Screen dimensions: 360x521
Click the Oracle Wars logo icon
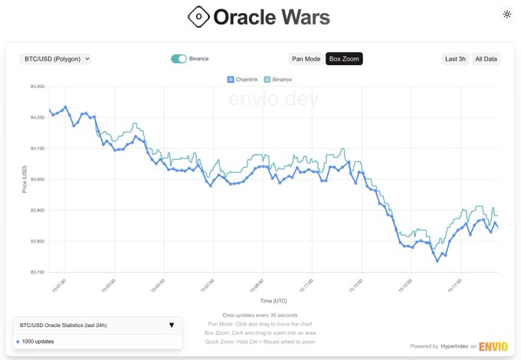(198, 16)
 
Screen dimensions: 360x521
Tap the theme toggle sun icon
(506, 14)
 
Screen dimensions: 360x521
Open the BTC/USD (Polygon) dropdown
(56, 58)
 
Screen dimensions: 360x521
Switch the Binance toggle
(179, 58)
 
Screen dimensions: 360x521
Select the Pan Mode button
(306, 59)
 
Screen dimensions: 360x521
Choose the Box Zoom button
(344, 59)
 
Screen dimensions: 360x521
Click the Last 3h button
(455, 59)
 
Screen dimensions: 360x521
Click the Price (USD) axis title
(25, 179)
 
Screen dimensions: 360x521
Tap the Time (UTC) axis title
(274, 300)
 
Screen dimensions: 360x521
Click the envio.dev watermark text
(274, 100)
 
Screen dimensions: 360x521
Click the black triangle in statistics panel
(171, 325)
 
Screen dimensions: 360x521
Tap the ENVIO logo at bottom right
(493, 346)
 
